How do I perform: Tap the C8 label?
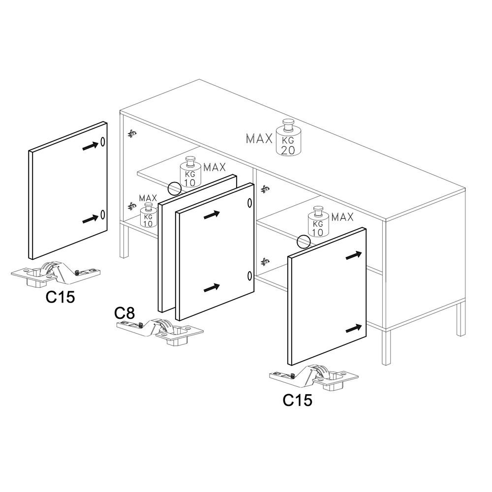(124, 313)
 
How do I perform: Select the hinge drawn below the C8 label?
(160, 332)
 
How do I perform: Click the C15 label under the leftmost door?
(60, 297)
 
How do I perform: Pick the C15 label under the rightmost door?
(298, 400)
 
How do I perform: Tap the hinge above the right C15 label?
(314, 377)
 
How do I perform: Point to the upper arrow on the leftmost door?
(90, 146)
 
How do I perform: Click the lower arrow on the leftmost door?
(90, 219)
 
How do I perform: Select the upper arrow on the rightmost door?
(354, 255)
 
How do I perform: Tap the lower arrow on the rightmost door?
(354, 329)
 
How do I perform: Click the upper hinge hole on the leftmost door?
(103, 142)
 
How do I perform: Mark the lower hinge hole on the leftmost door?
(103, 215)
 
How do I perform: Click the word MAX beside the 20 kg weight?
(259, 139)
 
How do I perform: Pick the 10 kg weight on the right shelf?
(318, 222)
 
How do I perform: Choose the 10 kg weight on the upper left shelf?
(190, 172)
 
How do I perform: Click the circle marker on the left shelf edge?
(175, 189)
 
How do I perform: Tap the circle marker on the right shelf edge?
(304, 242)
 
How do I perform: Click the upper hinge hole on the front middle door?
(250, 203)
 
